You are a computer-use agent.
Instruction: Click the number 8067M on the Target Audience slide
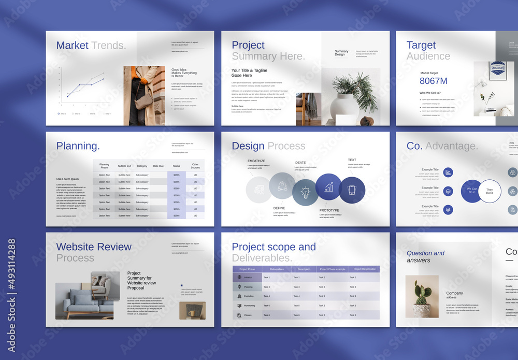click(x=434, y=81)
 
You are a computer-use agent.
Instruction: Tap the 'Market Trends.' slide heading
click(x=91, y=46)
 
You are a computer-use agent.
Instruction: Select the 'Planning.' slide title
click(x=78, y=146)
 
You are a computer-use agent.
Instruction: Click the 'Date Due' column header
click(x=158, y=166)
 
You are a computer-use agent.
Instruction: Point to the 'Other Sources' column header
click(x=195, y=166)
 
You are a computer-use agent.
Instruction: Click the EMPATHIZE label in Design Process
click(x=256, y=161)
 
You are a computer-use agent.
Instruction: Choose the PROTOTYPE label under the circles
click(x=329, y=210)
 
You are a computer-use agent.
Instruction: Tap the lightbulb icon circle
click(x=305, y=193)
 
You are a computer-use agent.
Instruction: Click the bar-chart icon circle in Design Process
click(x=328, y=186)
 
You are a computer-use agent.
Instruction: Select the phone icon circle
click(x=352, y=190)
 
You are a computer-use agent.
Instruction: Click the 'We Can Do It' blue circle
click(x=472, y=191)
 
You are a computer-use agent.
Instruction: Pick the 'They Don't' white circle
click(x=490, y=191)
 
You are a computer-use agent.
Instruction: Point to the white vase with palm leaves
click(x=346, y=106)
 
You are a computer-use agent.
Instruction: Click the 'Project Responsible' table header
click(x=364, y=269)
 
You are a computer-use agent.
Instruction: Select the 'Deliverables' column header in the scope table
click(x=277, y=269)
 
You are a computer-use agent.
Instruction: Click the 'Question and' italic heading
click(x=425, y=253)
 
